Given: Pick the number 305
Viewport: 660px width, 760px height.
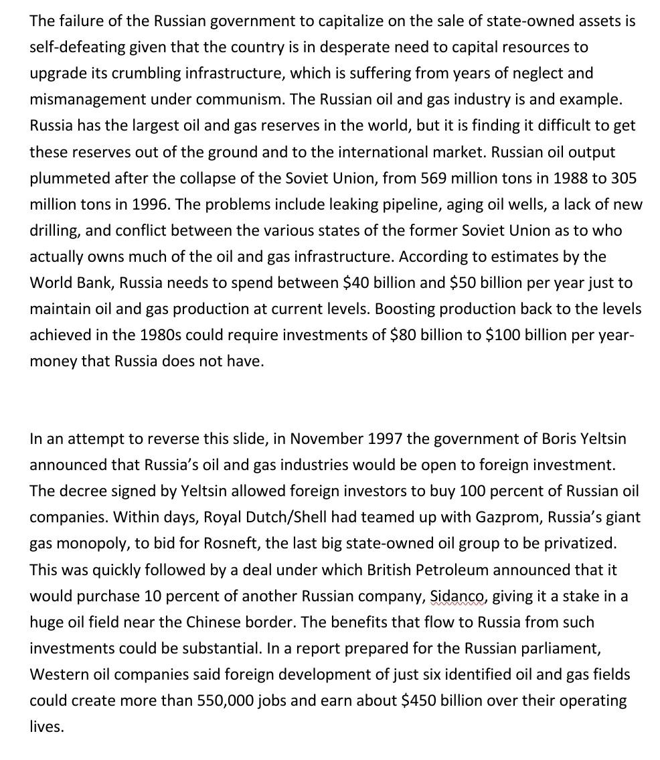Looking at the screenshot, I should [x=623, y=178].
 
